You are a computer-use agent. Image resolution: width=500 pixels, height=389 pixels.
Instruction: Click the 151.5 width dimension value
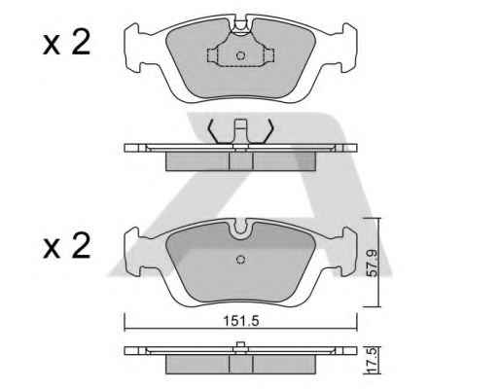pos(241,321)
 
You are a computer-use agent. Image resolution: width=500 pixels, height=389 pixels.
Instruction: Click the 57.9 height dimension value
pos(372,263)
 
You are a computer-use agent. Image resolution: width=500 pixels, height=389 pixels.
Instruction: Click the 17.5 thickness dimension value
pos(373,360)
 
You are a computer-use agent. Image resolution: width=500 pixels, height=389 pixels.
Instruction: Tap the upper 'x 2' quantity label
pos(66,42)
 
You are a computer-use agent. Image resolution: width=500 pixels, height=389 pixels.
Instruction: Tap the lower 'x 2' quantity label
pos(66,246)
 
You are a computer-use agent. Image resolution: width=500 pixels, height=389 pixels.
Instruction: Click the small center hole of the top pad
pos(240,55)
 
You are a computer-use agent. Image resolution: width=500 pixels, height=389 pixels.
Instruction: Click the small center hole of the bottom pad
pos(240,260)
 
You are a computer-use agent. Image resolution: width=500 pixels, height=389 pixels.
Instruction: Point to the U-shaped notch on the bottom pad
pos(240,229)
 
